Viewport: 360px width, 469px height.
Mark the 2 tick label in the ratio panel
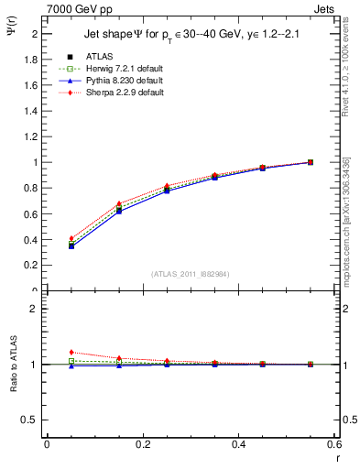click(35, 309)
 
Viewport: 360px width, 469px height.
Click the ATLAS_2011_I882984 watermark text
click(191, 274)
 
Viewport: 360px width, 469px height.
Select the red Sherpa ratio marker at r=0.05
click(71, 352)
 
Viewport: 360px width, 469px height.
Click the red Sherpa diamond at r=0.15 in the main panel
click(119, 203)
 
